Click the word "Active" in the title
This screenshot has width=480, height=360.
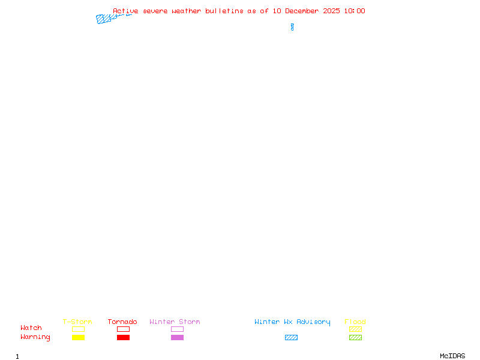pos(124,11)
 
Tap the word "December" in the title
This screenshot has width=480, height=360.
pos(304,11)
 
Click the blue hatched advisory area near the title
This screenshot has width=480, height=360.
pos(105,19)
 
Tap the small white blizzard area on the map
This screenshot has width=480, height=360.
pos(292,19)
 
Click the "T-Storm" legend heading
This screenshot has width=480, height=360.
pos(77,322)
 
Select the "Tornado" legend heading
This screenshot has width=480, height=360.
pos(122,322)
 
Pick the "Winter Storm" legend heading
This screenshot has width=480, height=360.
pos(175,322)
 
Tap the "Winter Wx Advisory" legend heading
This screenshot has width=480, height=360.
pos(292,322)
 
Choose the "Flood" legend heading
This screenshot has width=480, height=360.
pos(355,322)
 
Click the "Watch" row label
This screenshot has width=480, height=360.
pos(31,328)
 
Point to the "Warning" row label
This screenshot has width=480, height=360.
pos(35,337)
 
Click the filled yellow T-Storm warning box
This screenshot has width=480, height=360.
pos(78,338)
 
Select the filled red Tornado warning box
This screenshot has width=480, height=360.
pos(123,338)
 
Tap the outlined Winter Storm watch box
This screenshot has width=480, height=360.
pos(177,329)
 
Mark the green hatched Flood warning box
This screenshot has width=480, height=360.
pos(355,338)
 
